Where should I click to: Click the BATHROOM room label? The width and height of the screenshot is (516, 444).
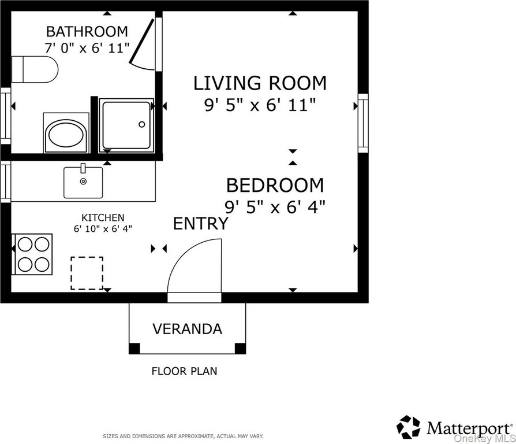click(x=87, y=32)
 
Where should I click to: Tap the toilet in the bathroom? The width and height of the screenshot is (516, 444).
click(x=35, y=69)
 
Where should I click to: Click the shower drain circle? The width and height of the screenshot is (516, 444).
click(x=142, y=124)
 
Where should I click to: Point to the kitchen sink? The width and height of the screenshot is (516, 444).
click(x=83, y=182)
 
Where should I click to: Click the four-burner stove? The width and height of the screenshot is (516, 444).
click(x=32, y=254)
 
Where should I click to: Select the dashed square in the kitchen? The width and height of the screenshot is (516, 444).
click(x=87, y=273)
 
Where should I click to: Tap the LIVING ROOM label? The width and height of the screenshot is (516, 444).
click(x=260, y=83)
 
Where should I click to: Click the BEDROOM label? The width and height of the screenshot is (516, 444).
click(x=275, y=185)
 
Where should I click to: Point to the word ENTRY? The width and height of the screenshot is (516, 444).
click(x=201, y=224)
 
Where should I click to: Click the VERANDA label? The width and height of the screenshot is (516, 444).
click(x=187, y=329)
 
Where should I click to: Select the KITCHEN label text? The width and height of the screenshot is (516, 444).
click(x=103, y=217)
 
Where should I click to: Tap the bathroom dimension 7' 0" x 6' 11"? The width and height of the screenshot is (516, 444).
click(x=87, y=48)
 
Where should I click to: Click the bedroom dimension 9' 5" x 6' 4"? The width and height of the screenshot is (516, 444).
click(x=275, y=208)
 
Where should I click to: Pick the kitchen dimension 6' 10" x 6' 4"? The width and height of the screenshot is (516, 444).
click(x=103, y=228)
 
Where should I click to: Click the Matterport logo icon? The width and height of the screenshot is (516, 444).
click(x=409, y=427)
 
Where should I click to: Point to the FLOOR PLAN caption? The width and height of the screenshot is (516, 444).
click(x=184, y=371)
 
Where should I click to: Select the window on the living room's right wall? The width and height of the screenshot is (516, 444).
click(x=363, y=123)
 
